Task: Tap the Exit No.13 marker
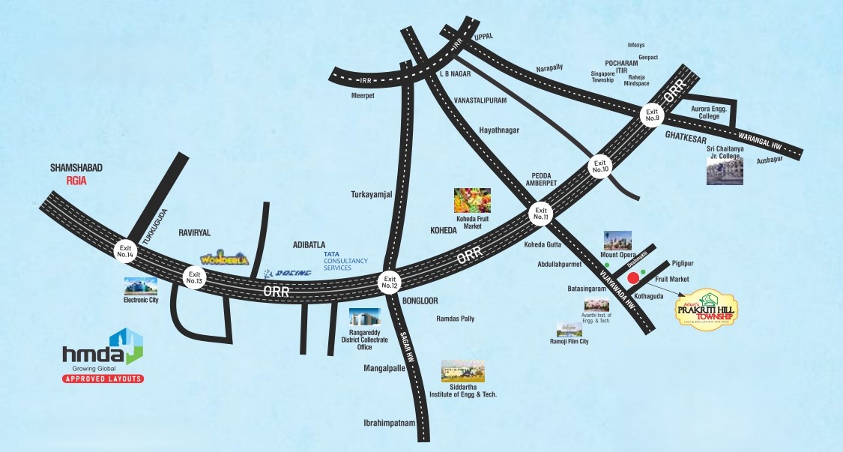click(195, 277)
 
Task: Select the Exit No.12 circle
click(389, 280)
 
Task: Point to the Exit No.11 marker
click(541, 213)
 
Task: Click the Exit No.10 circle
click(599, 166)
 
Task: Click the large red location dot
click(632, 279)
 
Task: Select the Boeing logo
click(288, 274)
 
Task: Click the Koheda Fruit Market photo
click(472, 201)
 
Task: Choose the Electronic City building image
click(142, 285)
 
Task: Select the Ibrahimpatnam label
click(389, 423)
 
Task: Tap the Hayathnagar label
click(499, 130)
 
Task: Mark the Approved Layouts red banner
click(103, 379)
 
